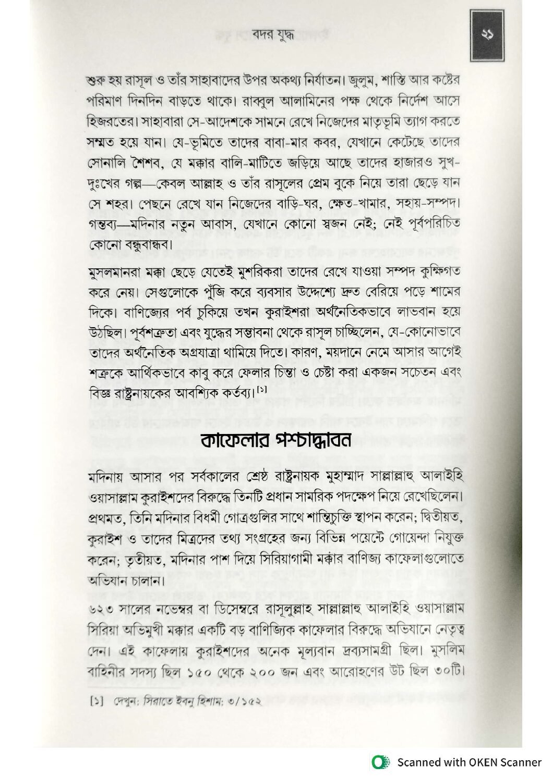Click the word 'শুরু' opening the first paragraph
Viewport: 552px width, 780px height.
tap(95, 82)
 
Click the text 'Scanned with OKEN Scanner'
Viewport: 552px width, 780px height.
tap(469, 762)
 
